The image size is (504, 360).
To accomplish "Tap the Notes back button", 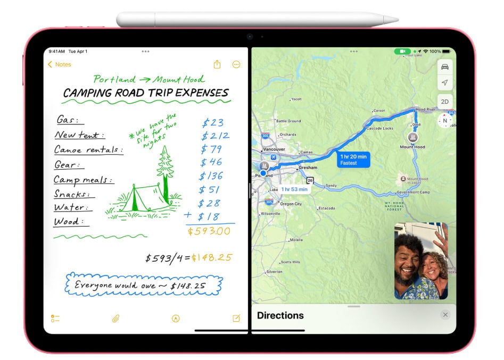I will (x=59, y=64).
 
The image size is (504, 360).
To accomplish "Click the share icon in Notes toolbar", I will (x=217, y=64).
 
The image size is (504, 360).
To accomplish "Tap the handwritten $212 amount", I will (x=216, y=136).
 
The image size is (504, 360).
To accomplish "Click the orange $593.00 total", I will (x=209, y=231).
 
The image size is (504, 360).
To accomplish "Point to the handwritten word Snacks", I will (x=71, y=194).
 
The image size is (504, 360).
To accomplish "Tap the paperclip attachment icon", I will (x=115, y=319).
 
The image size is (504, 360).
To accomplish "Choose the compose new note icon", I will (x=236, y=319).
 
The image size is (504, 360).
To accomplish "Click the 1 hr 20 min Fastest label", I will (x=354, y=160).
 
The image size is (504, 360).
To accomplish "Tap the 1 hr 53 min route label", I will (x=294, y=189).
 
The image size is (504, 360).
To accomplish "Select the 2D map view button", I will (x=444, y=101).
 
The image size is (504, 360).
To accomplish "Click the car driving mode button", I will (x=444, y=66).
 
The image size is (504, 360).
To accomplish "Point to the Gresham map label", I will (x=307, y=168).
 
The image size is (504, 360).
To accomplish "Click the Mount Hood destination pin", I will (x=413, y=137).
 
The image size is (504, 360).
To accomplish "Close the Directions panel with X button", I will (x=445, y=315).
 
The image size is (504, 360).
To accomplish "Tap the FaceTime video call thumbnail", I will (x=421, y=261).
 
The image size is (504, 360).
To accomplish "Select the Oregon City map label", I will (x=291, y=204).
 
